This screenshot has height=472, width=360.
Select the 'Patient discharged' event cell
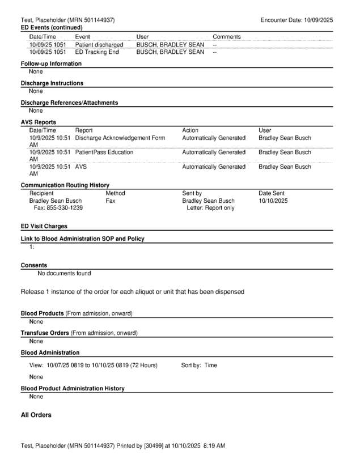pyautogui.click(x=99, y=44)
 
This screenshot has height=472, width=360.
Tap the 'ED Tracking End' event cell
pyautogui.click(x=97, y=52)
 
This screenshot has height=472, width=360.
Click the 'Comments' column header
pyautogui.click(x=226, y=37)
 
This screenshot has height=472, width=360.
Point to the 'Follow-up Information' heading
pyautogui.click(x=51, y=63)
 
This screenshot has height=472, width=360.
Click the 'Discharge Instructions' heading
pyautogui.click(x=52, y=83)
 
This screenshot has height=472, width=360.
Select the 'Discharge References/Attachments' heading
pyautogui.click(x=69, y=103)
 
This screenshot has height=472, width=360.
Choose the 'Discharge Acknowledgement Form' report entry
pyautogui.click(x=120, y=138)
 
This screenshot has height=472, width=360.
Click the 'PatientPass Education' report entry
pyautogui.click(x=104, y=152)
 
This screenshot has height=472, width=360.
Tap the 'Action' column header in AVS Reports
pyautogui.click(x=190, y=130)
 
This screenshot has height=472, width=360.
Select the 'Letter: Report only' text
pyautogui.click(x=210, y=209)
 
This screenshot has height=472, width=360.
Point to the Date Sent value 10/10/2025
pyautogui.click(x=273, y=201)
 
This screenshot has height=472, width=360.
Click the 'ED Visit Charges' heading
pyautogui.click(x=44, y=226)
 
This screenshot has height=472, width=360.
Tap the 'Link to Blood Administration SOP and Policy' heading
pyautogui.click(x=82, y=239)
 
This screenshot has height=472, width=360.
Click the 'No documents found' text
pyautogui.click(x=64, y=274)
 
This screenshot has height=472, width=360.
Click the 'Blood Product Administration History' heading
pyautogui.click(x=73, y=388)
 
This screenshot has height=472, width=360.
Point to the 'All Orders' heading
pyautogui.click(x=36, y=415)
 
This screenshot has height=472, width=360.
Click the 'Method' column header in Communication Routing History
pyautogui.click(x=115, y=193)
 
